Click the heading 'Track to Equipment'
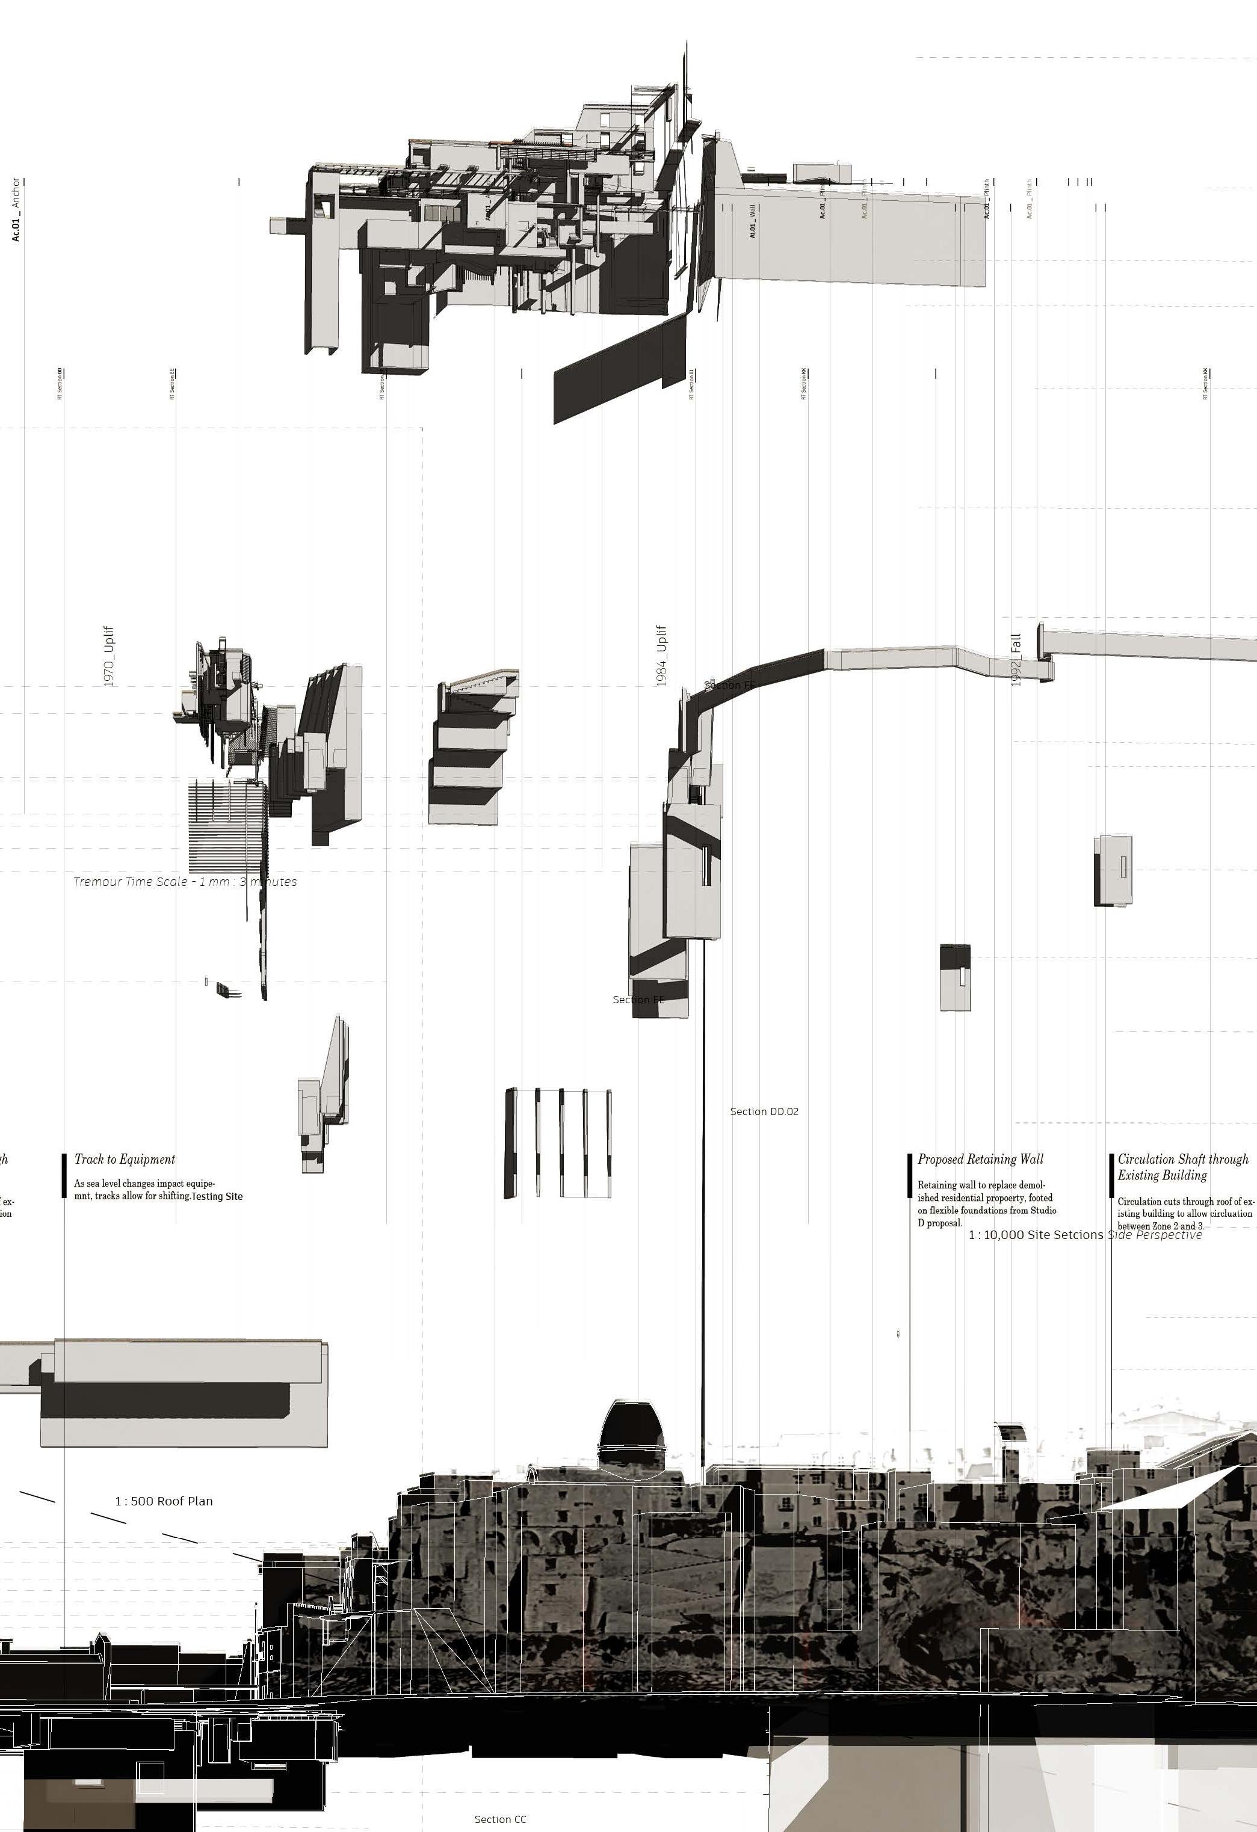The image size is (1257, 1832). (x=125, y=1159)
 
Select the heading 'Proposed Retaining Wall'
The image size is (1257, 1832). (x=980, y=1159)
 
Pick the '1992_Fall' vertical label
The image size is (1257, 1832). (x=1016, y=660)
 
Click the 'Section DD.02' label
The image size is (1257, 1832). (x=764, y=1111)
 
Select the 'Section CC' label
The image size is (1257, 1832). (x=500, y=1819)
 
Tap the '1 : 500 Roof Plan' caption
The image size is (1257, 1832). (x=164, y=1501)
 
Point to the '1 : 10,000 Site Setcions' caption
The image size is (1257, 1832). (x=1036, y=1235)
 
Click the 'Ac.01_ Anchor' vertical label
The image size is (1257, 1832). (x=16, y=209)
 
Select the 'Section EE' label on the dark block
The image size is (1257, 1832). (x=638, y=1000)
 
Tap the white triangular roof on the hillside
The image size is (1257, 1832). (x=1171, y=1489)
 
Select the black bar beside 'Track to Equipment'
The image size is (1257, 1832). (x=64, y=1175)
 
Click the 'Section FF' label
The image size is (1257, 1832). (x=729, y=685)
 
